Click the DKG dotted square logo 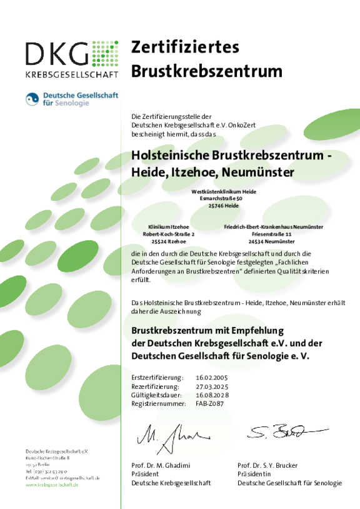point(105,54)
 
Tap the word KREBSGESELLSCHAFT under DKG point(72,74)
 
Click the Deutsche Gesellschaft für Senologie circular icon point(32,99)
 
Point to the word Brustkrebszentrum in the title point(207,71)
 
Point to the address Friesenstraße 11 point(273,233)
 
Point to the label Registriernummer point(159,404)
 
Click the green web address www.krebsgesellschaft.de point(52,485)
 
